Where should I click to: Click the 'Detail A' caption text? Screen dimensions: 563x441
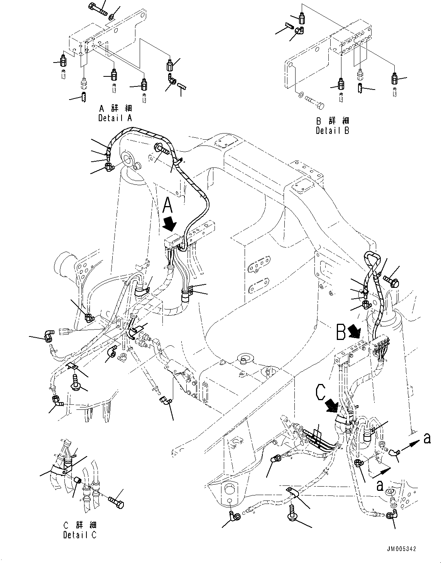point(115,118)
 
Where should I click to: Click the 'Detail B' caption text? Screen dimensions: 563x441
point(333,130)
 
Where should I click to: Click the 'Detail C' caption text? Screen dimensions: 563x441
point(80,535)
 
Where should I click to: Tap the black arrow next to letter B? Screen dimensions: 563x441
point(354,330)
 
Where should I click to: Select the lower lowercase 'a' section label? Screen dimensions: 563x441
point(380,485)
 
